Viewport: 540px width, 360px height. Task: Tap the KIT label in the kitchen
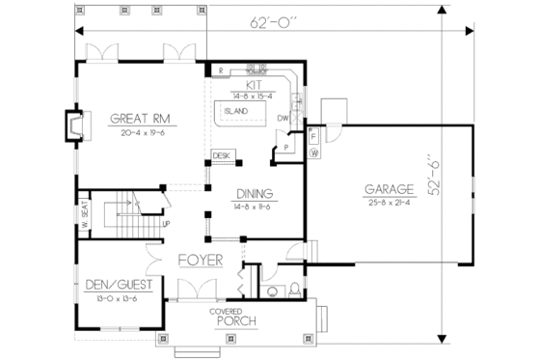pos(255,84)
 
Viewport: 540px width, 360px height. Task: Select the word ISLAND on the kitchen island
pos(236,111)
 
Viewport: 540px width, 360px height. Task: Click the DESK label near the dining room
pos(221,154)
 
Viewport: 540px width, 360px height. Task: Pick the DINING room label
pos(253,192)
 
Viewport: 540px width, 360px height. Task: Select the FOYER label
pos(200,262)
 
